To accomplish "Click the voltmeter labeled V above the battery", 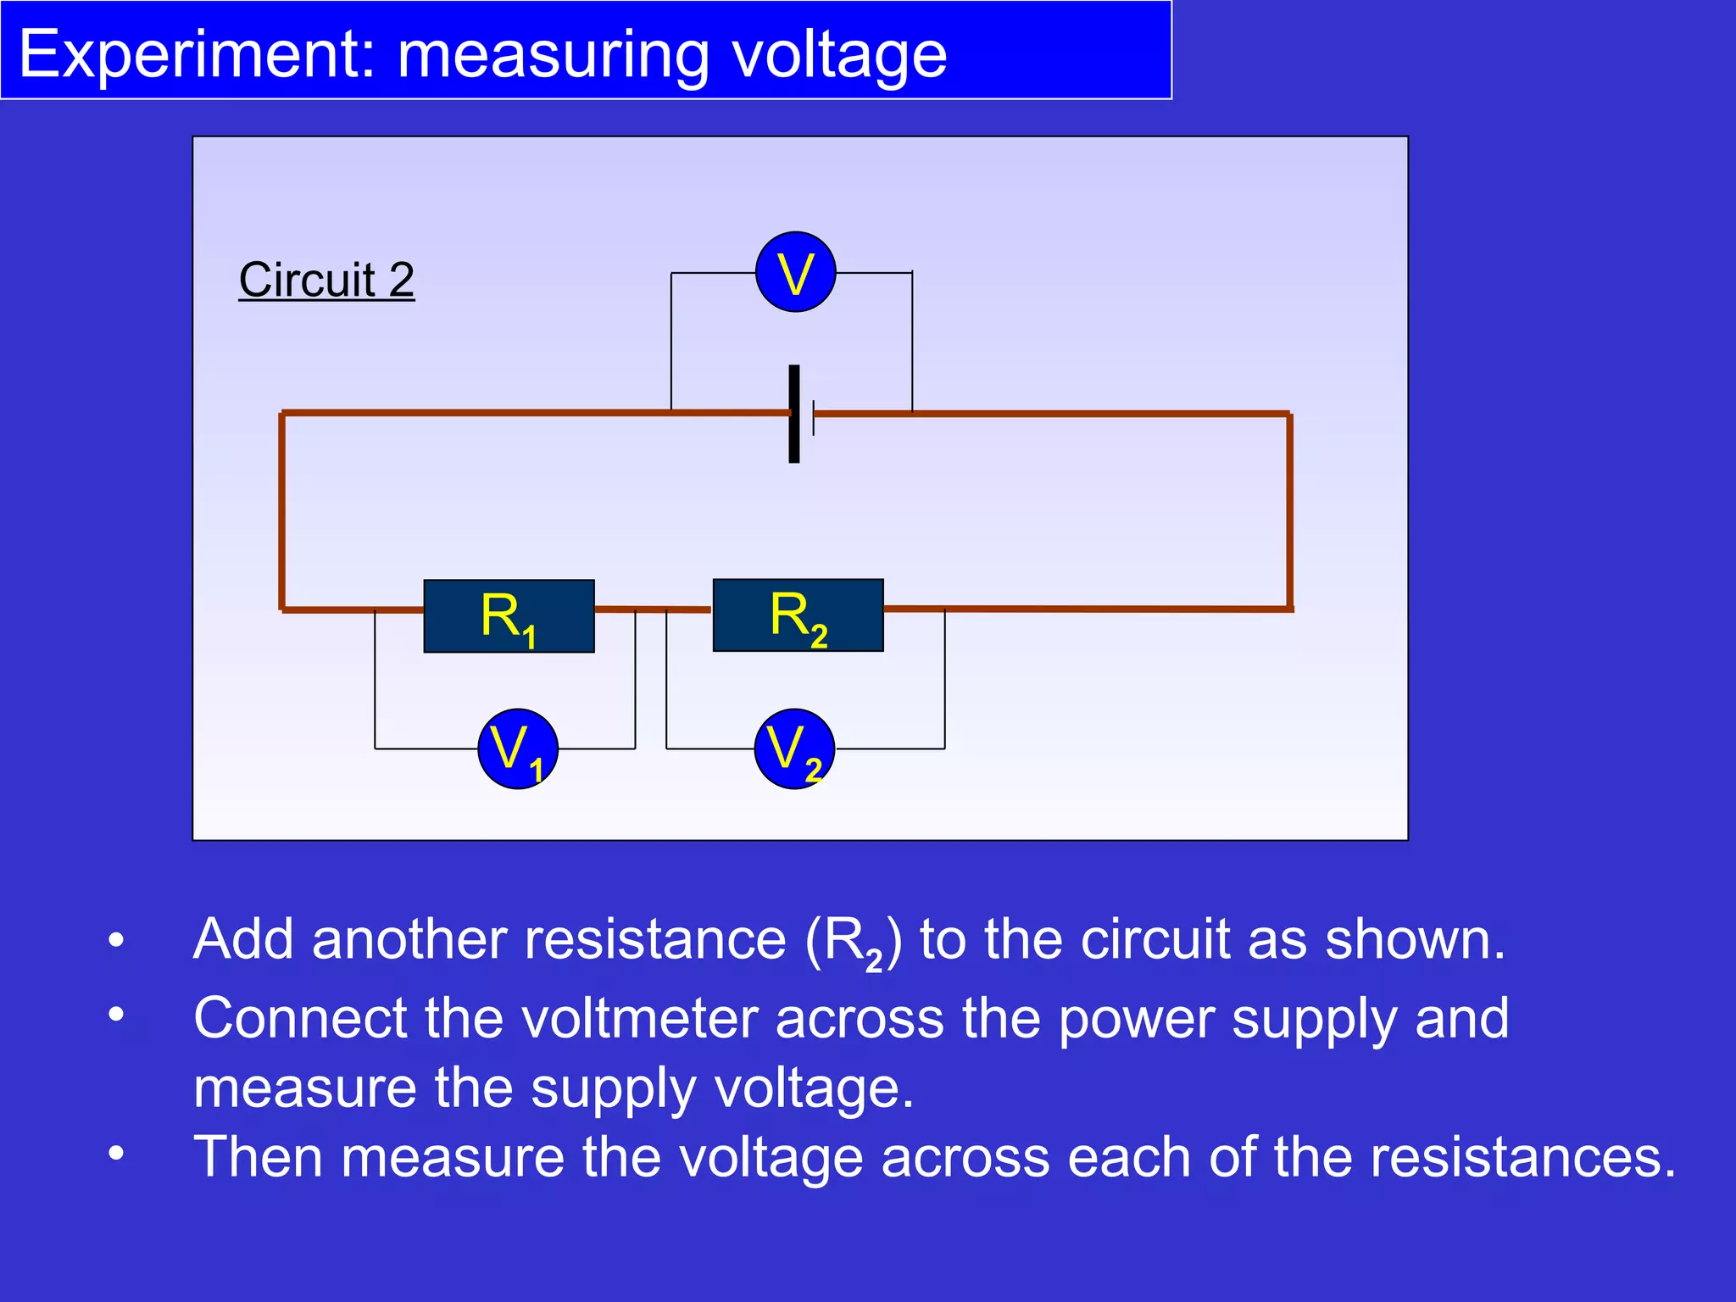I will click(795, 272).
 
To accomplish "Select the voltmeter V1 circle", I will click(517, 748).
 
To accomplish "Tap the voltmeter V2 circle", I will click(794, 748).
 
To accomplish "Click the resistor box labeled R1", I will click(509, 616).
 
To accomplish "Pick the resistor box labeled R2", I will click(798, 615).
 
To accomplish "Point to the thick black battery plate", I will click(794, 414).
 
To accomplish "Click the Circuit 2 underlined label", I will click(326, 280).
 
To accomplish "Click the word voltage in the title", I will click(839, 54).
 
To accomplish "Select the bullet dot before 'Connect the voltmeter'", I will click(116, 1014).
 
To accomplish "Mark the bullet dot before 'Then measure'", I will click(116, 1153).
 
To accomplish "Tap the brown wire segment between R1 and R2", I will click(653, 609).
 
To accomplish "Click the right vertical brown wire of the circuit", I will click(1289, 509).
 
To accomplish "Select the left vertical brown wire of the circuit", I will click(282, 509).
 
